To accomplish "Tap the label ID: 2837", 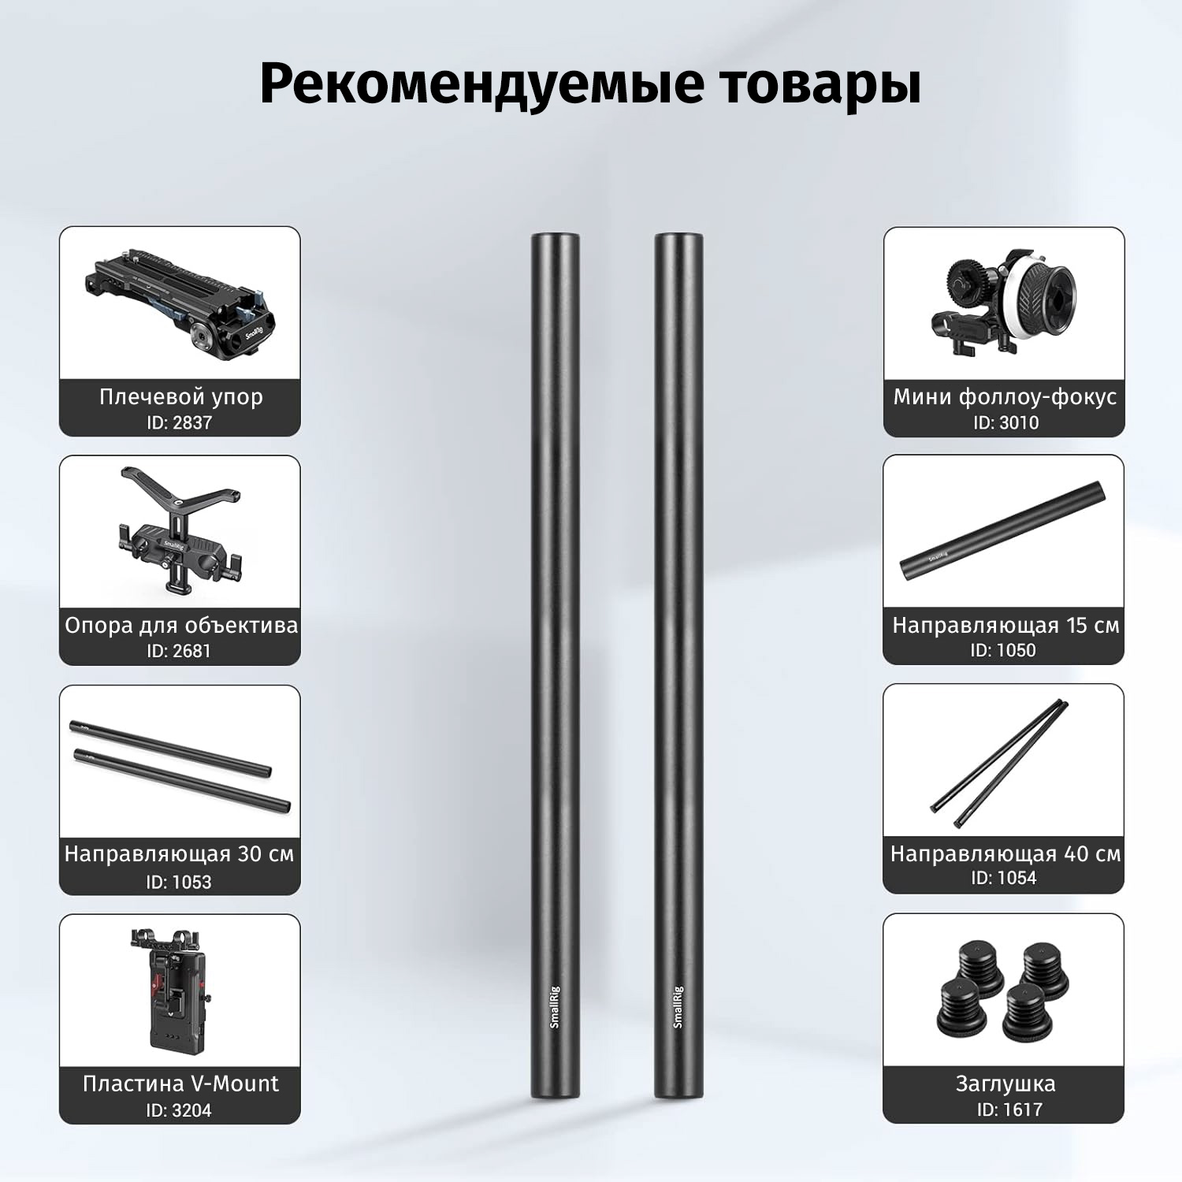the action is click(180, 422).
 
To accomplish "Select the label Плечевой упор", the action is click(180, 396).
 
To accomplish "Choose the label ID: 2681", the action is click(179, 651).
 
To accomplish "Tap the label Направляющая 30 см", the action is click(179, 854).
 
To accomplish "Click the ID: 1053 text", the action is click(179, 882).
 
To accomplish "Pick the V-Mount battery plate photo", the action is click(179, 990).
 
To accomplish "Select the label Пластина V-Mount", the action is click(180, 1083).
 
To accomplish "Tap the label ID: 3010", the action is click(1005, 422).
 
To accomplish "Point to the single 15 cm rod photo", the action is click(1002, 530).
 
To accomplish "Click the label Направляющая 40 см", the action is click(1005, 854).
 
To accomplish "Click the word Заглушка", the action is click(1005, 1084).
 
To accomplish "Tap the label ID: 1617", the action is click(1009, 1110).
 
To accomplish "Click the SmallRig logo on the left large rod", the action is click(554, 1006).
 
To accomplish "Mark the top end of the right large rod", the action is click(678, 235).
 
